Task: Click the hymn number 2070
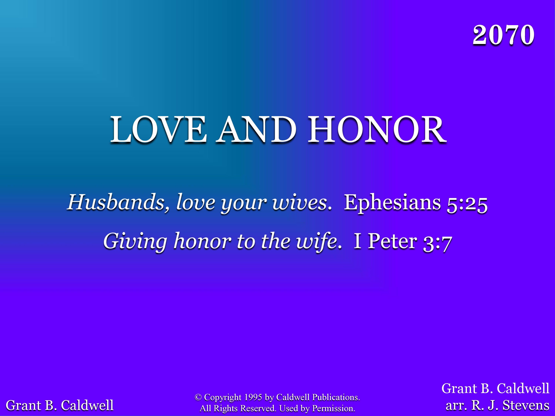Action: click(503, 35)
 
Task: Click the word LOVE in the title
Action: click(158, 129)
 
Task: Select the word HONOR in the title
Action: click(377, 129)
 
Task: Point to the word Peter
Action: click(393, 241)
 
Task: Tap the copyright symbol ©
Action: click(198, 397)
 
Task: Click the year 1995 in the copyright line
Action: click(253, 397)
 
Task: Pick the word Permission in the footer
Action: click(333, 408)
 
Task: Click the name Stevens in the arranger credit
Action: click(526, 405)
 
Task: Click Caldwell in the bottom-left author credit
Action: click(87, 405)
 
